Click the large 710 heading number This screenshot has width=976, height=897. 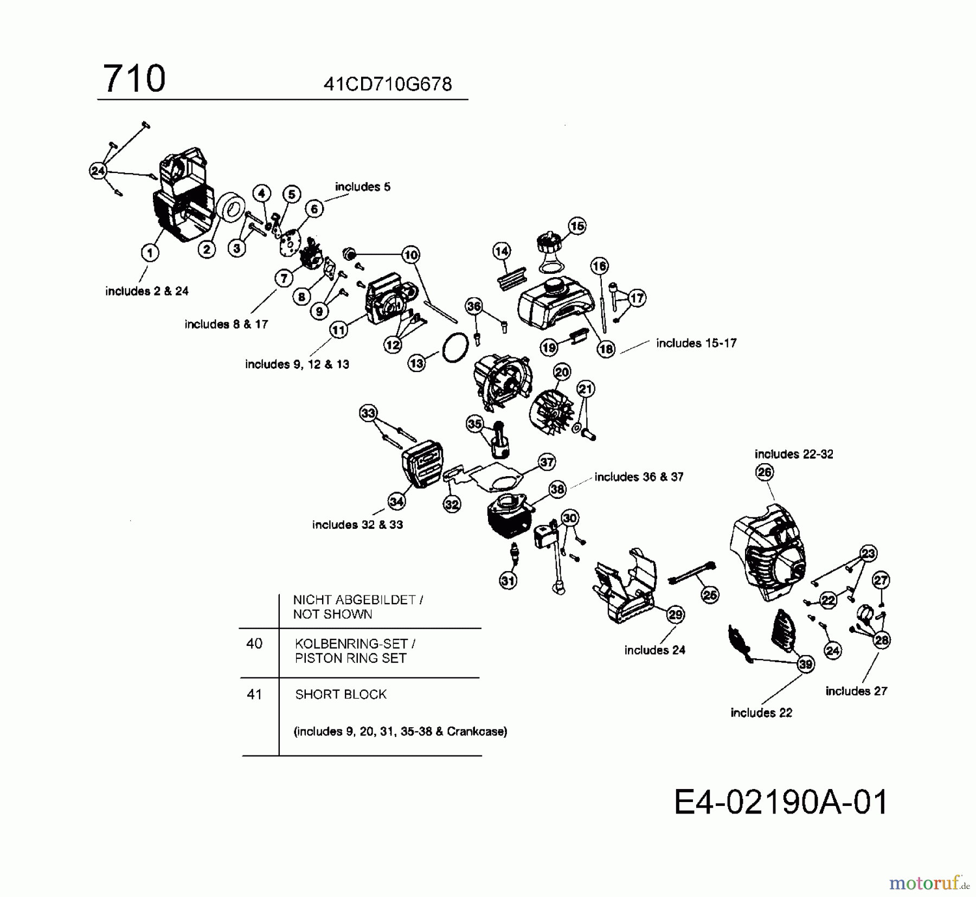coord(134,79)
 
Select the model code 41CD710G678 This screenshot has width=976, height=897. coord(387,85)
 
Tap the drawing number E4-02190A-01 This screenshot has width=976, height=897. coord(781,802)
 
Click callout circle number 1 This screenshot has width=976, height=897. coord(150,252)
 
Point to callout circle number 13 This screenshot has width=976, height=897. coord(416,363)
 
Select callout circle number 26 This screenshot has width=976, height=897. coord(765,472)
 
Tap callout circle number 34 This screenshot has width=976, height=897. coord(396,502)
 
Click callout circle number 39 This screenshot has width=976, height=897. coord(806,664)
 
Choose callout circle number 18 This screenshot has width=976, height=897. coord(606,349)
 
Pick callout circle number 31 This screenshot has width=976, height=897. coord(508,581)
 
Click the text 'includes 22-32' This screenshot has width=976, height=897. coord(794,454)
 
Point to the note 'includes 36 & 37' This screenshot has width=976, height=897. coord(639,477)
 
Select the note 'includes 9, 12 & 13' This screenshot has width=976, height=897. coord(297,364)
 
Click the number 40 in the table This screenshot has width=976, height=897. coord(254,644)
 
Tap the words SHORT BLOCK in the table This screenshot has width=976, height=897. coord(341,694)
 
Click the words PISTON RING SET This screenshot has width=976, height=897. coord(350,658)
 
